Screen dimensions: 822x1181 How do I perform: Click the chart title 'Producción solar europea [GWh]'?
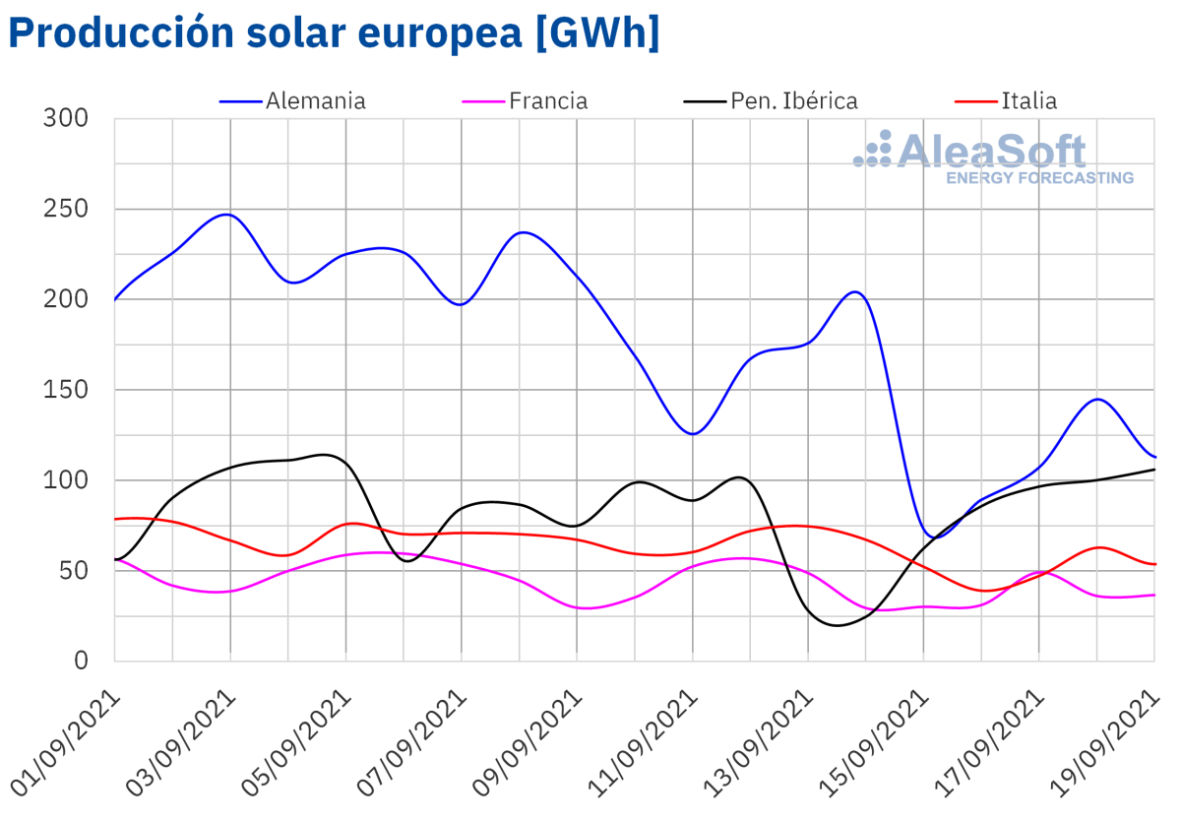(x=334, y=32)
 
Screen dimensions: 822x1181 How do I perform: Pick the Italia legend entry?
(x=1028, y=100)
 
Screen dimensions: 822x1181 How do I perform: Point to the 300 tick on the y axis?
(x=66, y=119)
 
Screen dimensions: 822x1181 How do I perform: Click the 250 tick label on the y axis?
(x=66, y=210)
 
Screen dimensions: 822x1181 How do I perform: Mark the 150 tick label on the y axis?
(x=66, y=390)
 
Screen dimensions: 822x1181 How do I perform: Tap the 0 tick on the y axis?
(x=81, y=661)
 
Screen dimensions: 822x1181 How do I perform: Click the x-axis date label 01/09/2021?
(x=67, y=743)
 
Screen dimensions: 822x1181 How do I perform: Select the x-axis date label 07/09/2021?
(x=413, y=743)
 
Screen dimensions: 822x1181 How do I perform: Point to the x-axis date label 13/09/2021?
(x=760, y=743)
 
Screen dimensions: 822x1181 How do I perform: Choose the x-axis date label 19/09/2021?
(x=1106, y=743)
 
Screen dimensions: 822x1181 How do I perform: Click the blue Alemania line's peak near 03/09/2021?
(x=228, y=214)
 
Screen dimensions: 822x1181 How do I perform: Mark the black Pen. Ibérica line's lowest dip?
(x=838, y=625)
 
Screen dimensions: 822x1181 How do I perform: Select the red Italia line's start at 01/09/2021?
(x=116, y=519)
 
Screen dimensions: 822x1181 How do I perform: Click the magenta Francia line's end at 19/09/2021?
(x=1153, y=595)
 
